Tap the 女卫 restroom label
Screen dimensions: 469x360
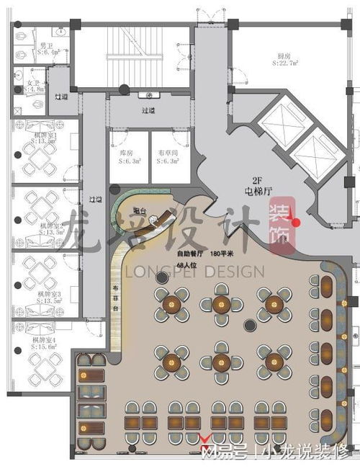click(34, 83)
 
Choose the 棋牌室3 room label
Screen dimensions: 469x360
click(49, 295)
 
